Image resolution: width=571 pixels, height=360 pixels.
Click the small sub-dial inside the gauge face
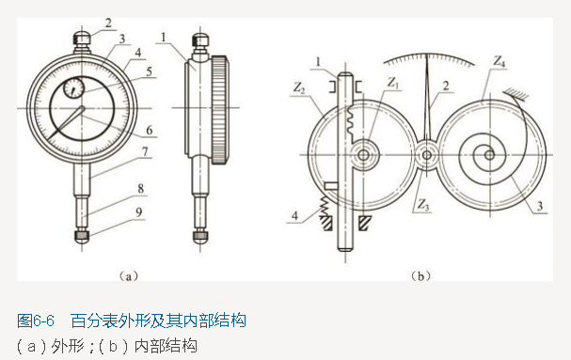point(71,91)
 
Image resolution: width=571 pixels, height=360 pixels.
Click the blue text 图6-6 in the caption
point(38,321)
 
